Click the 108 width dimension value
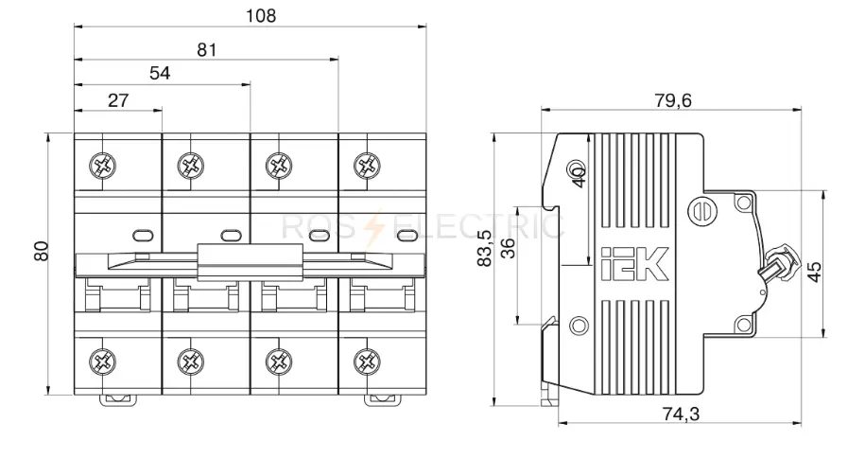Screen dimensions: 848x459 point(261,16)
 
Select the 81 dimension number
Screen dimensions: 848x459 point(207,50)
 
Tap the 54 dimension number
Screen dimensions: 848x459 point(160,73)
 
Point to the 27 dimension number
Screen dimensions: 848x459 point(118,100)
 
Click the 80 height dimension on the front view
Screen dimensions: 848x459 point(42,251)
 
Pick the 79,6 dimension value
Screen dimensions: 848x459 point(673,100)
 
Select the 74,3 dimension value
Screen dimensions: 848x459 point(681,415)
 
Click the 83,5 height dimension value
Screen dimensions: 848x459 point(485,249)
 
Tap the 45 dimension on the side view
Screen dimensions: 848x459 point(815,272)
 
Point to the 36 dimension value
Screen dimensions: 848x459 point(509,249)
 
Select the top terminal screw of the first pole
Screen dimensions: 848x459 point(103,165)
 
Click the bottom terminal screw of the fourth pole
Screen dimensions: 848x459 point(367,362)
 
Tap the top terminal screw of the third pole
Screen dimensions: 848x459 point(279,165)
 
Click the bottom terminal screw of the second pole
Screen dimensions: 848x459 point(191,362)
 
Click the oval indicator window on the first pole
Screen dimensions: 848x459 point(143,235)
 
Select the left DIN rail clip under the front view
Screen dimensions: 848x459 point(117,400)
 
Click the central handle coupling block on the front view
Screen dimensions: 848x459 point(250,262)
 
